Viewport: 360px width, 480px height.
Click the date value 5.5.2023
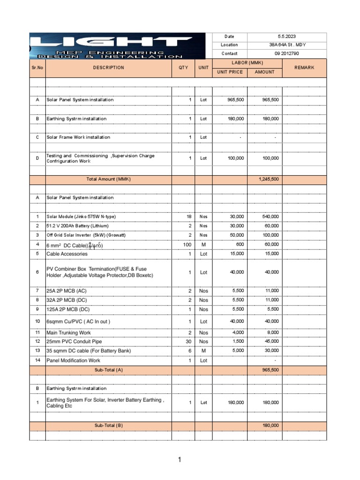(x=286, y=37)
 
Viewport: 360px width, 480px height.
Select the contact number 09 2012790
(x=286, y=53)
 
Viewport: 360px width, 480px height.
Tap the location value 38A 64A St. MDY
(x=286, y=45)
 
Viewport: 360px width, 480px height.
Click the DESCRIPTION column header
(x=108, y=67)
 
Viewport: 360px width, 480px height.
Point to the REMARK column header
(x=304, y=67)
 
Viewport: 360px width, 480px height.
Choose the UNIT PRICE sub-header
(x=229, y=72)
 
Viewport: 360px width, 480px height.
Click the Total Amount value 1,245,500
(x=269, y=179)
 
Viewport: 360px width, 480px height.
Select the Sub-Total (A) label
(x=108, y=370)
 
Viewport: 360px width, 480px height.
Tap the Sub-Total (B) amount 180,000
(x=270, y=426)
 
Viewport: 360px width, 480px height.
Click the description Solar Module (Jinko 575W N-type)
(x=81, y=217)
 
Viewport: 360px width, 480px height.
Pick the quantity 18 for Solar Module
(x=189, y=217)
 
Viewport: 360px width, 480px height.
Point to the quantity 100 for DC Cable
(x=187, y=245)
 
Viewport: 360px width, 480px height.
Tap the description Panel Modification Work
(x=73, y=360)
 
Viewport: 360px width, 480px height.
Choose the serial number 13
(x=37, y=351)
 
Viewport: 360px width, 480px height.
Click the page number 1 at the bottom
(x=179, y=460)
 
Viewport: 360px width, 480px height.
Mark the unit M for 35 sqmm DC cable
(x=203, y=351)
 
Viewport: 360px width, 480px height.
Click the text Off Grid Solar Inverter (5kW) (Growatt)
(x=86, y=235)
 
